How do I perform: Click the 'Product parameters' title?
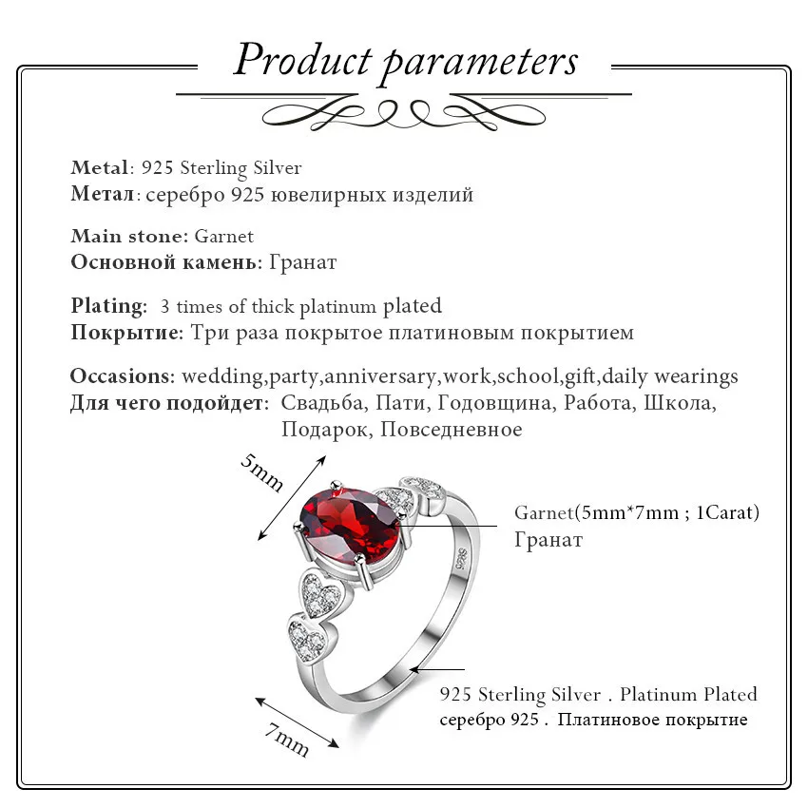(x=405, y=60)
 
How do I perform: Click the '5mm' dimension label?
(x=262, y=471)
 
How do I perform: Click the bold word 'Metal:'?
(x=99, y=168)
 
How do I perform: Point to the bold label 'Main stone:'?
(x=130, y=237)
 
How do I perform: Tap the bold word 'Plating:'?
(x=108, y=306)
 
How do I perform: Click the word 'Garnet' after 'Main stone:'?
(x=224, y=237)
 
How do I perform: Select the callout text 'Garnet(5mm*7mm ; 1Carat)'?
(x=636, y=512)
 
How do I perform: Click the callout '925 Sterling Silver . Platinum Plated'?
(x=598, y=695)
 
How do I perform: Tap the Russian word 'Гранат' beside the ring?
(x=548, y=540)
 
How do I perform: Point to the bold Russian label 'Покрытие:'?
(x=126, y=334)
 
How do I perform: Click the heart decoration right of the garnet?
(x=396, y=497)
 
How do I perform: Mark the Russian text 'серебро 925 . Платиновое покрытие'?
(x=593, y=720)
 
